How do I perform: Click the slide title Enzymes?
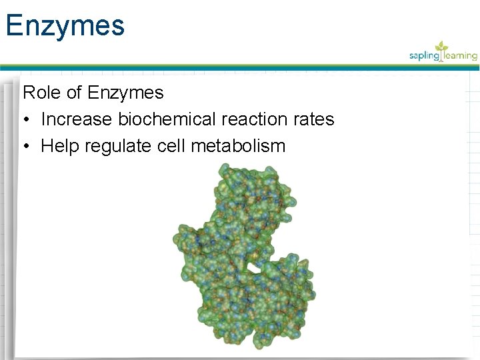[x=65, y=25]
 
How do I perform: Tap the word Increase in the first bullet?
[x=77, y=119]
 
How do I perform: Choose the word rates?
[x=313, y=119]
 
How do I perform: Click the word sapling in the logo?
[x=425, y=56]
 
